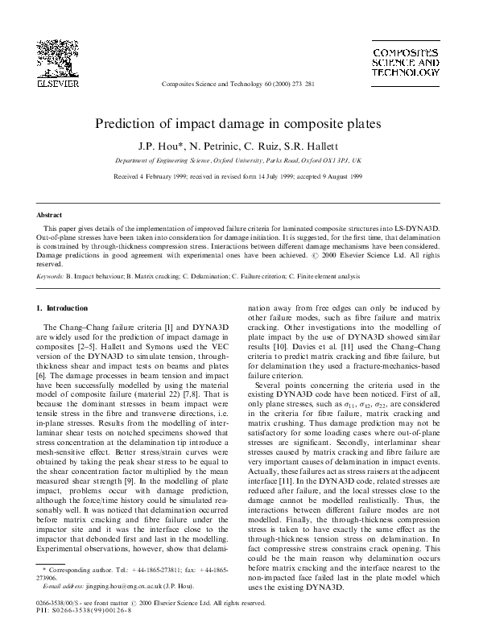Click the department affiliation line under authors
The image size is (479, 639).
(x=238, y=160)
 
